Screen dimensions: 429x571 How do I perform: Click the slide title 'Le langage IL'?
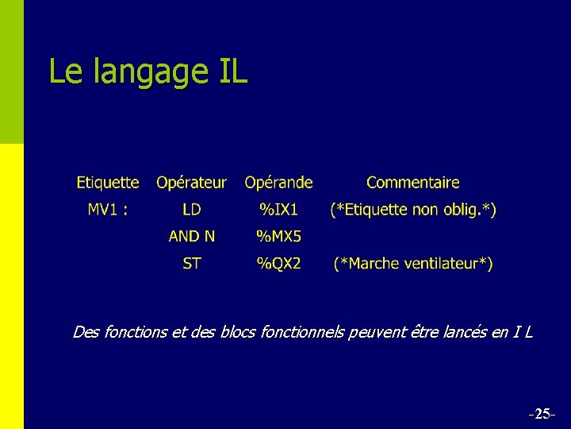coord(148,71)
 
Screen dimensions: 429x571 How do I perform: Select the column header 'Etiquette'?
coord(108,183)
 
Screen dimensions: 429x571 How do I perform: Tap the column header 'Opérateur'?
coord(191,184)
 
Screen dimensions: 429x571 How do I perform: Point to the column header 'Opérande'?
coord(278,184)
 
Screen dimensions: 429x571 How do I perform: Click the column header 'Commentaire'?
coord(412,183)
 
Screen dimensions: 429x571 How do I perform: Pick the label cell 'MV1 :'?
coord(108,210)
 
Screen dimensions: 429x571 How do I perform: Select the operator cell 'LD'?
coord(191,210)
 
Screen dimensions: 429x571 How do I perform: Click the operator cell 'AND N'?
coord(191,236)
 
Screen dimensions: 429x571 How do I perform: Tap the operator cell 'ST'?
coord(191,263)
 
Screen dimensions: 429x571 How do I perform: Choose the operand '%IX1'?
coord(278,210)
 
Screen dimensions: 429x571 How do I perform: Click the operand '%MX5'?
coord(278,236)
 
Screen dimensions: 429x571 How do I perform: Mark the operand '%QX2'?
coord(278,263)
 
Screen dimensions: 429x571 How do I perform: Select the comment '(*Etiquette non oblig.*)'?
coord(413,210)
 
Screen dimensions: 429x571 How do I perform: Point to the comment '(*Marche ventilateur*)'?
coord(413,263)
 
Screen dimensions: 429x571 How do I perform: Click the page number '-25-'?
coord(541,414)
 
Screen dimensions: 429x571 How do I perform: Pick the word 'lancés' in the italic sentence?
coord(462,332)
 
